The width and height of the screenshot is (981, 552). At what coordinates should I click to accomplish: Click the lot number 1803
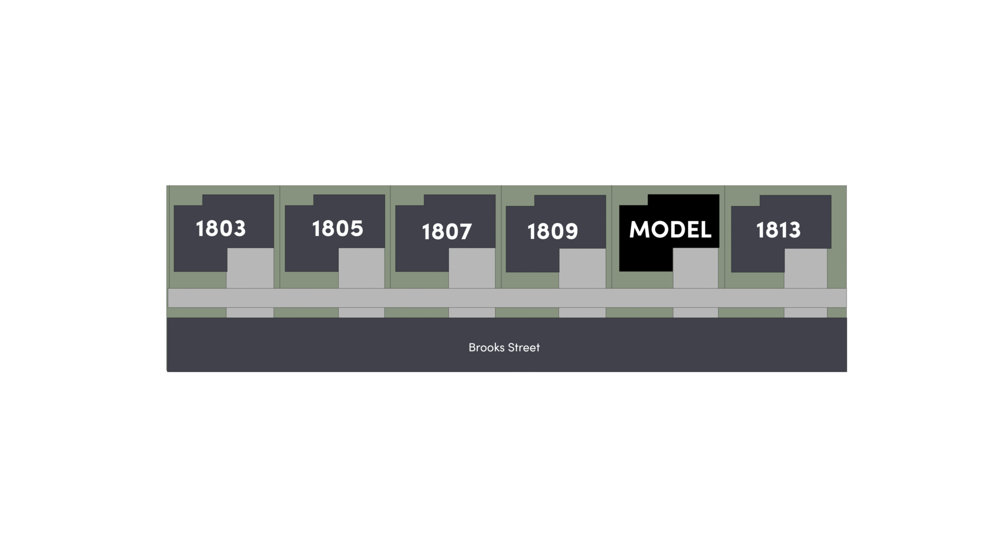click(x=221, y=229)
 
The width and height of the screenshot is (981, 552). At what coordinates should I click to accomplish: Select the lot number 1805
click(x=337, y=229)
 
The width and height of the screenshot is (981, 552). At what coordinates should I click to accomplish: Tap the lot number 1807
click(x=446, y=232)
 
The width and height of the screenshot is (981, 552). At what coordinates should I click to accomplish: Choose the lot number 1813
click(x=778, y=230)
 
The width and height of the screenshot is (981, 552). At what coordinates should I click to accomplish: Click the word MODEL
click(x=670, y=230)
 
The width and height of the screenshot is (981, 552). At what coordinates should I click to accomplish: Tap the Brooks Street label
click(x=504, y=347)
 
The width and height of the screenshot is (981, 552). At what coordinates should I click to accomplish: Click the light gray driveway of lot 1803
click(x=250, y=268)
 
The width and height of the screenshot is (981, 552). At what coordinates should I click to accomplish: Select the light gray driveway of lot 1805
click(x=361, y=268)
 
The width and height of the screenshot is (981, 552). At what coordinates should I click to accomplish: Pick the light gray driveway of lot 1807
click(x=472, y=268)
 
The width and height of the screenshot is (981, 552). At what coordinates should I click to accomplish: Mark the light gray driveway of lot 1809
click(x=582, y=268)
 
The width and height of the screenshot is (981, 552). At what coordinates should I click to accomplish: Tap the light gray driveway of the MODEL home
click(x=696, y=268)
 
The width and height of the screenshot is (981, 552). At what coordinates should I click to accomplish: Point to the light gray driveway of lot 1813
click(x=805, y=269)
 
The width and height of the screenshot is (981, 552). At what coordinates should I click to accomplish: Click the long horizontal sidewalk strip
click(x=507, y=298)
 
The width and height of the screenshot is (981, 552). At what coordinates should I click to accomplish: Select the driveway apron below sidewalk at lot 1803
click(x=250, y=313)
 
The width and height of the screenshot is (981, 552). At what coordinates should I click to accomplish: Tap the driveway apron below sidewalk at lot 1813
click(x=805, y=313)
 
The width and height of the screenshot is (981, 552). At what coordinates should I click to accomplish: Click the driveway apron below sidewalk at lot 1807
click(x=472, y=313)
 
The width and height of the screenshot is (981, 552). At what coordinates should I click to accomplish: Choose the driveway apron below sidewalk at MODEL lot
click(x=696, y=313)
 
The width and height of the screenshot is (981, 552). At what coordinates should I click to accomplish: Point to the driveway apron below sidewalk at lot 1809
click(x=582, y=313)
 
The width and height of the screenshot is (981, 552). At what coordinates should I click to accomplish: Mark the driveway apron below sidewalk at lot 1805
click(x=361, y=313)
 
